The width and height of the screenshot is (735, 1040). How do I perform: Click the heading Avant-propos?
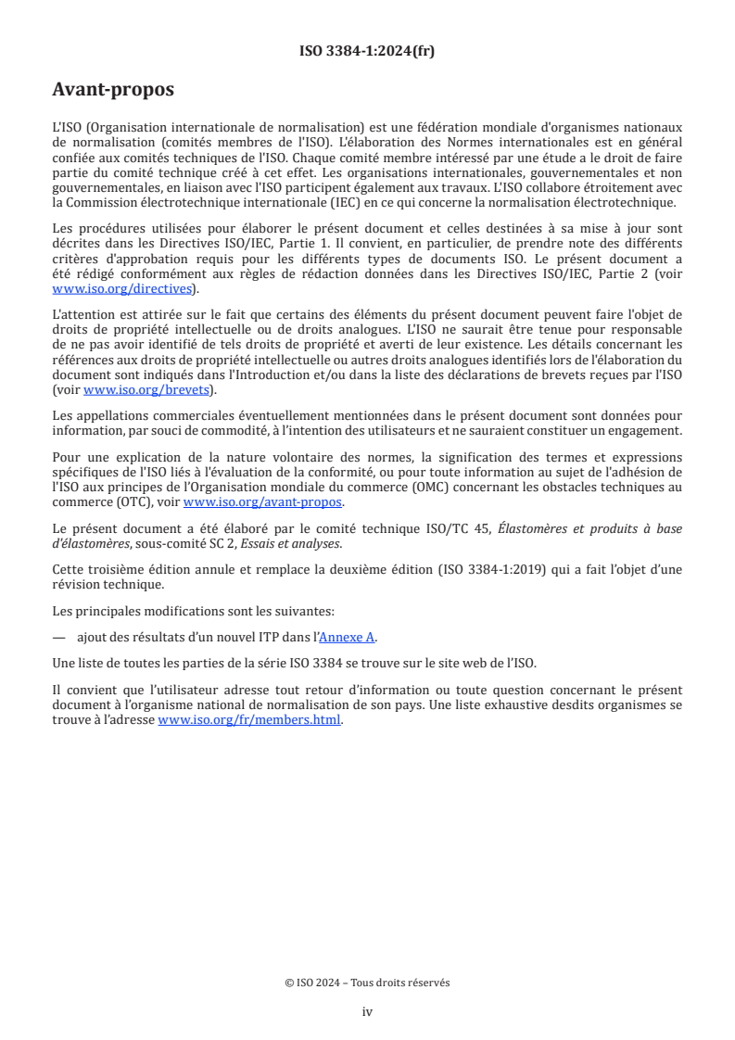click(x=113, y=91)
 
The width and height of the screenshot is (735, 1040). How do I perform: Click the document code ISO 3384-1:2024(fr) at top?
click(x=367, y=52)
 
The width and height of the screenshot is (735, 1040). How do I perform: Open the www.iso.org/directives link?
click(x=124, y=289)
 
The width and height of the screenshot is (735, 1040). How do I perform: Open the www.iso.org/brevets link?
click(x=146, y=390)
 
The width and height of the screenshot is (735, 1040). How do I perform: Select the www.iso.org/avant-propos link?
click(x=262, y=502)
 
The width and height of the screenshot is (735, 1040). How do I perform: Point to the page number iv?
click(x=367, y=1011)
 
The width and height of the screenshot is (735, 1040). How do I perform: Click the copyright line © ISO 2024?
click(x=367, y=983)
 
